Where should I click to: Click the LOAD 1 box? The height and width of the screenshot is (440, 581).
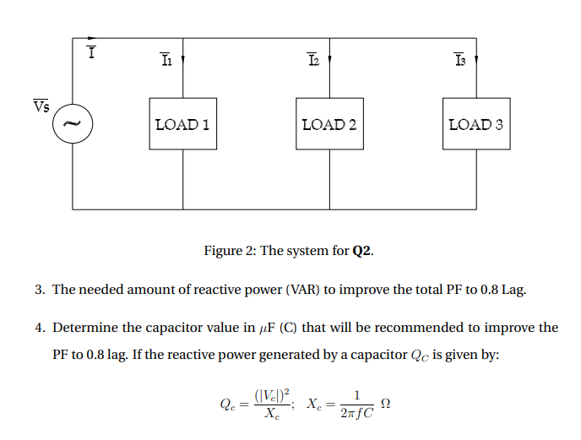pos(182,124)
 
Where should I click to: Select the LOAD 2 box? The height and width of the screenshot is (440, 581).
pos(329,124)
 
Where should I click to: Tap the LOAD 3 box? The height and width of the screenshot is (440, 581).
pos(476,124)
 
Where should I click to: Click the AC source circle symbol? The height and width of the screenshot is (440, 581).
pos(73,124)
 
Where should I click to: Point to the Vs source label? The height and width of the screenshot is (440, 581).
pos(41,106)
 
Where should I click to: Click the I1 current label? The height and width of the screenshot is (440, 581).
pos(166,60)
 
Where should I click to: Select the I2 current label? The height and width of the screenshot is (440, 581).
pos(313,60)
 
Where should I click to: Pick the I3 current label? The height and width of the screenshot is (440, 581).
pos(459,60)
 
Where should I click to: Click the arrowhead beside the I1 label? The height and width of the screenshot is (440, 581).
pos(183,62)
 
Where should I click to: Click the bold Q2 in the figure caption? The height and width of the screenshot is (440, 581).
pos(361,251)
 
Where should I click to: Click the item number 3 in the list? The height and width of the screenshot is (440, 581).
pos(39,290)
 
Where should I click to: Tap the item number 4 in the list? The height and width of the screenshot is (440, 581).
pos(39,328)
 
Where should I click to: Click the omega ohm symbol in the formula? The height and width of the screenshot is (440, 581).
pos(387,404)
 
